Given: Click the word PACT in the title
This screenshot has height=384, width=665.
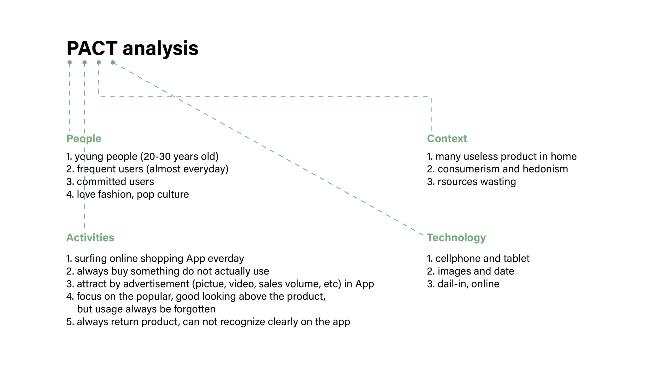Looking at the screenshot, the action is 92,48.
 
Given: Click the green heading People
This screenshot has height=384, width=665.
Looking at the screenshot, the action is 84,139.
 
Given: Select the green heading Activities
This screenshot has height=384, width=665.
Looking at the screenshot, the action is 90,237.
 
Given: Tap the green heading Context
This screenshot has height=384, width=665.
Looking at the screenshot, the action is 447,139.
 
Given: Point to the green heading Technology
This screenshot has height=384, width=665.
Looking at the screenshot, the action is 456,238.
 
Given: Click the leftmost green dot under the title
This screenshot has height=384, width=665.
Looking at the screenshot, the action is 70,63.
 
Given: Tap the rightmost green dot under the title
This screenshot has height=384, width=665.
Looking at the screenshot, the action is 113,63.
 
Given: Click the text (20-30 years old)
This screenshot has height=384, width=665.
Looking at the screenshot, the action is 179,156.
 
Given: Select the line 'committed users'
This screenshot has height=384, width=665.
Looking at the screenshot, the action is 115,182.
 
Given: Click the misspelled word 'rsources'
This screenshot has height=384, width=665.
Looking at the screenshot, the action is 454,182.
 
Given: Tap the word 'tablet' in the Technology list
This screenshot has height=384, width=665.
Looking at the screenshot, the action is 516,258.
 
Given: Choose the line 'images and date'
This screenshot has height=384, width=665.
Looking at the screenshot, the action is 476,271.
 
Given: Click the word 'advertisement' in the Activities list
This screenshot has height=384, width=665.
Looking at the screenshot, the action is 156,284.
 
